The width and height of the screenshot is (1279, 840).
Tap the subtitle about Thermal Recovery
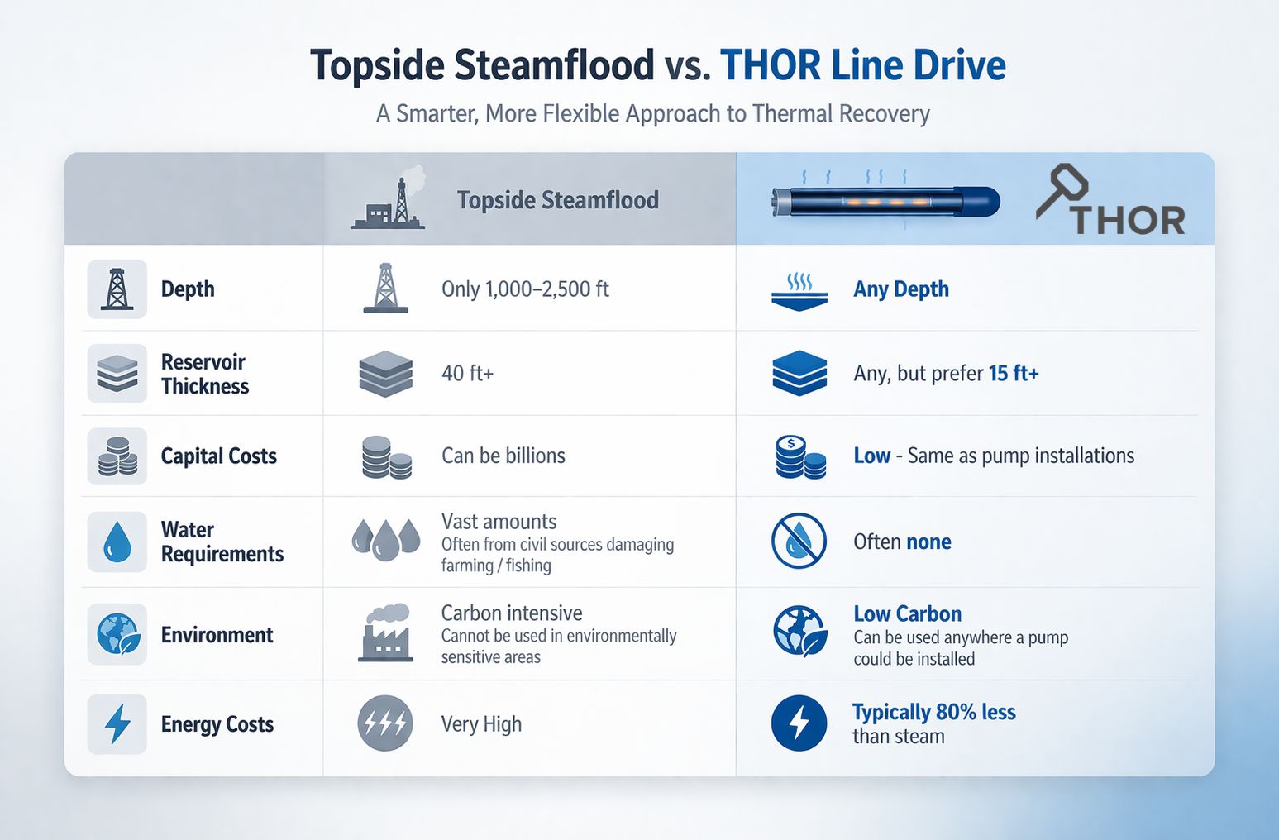652,113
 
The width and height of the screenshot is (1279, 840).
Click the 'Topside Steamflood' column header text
557,200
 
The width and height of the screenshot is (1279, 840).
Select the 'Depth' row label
188,289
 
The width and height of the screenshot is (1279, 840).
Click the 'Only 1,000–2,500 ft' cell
525,289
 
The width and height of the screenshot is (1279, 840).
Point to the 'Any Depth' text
900,289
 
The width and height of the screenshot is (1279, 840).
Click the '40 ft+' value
467,374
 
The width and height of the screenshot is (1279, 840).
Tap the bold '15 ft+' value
1014,374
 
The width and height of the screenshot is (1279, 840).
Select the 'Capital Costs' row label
218,456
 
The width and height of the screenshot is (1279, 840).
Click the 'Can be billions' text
503,456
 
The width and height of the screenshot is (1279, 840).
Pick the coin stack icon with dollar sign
799,457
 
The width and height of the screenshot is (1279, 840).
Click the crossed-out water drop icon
799,541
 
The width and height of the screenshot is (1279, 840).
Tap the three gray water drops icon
386,539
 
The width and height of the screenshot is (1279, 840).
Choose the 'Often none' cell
902,542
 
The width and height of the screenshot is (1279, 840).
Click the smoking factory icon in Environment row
386,633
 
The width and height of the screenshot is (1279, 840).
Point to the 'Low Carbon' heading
907,614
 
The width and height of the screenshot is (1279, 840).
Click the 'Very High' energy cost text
481,724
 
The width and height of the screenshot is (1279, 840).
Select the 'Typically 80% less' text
933,713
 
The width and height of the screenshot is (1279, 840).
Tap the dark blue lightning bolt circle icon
799,723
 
